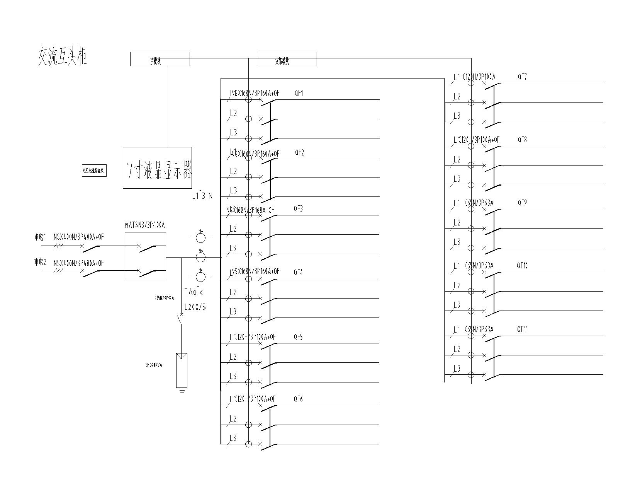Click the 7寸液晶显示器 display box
click(157, 168)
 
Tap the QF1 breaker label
click(299, 93)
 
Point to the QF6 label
click(298, 399)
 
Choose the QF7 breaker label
click(522, 77)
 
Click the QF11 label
click(522, 329)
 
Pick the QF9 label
click(522, 203)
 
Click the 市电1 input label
click(40, 237)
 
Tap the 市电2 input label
click(40, 262)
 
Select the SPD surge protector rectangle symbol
click(182, 370)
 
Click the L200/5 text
click(195, 307)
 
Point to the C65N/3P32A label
click(164, 299)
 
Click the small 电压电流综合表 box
click(94, 171)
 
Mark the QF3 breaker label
click(298, 209)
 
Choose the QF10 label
click(522, 266)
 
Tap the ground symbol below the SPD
click(182, 391)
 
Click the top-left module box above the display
click(160, 59)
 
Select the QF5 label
click(298, 337)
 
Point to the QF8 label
click(522, 140)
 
